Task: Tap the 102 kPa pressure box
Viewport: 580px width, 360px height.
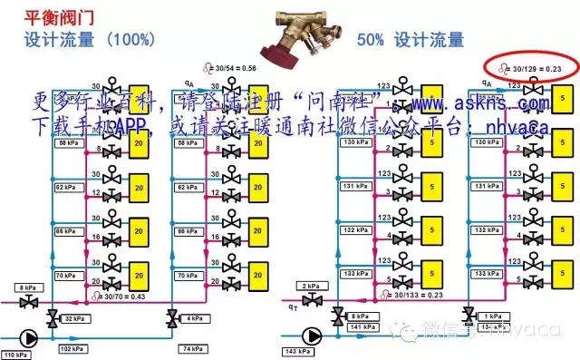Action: (72, 348)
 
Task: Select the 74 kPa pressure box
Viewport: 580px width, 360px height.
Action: (191, 348)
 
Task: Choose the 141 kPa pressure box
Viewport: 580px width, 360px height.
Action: (364, 327)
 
